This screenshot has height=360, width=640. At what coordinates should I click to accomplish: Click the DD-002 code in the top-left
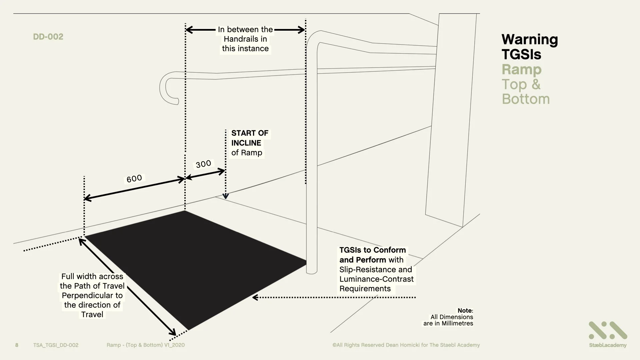coord(48,37)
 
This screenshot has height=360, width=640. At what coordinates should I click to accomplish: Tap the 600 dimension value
coord(134,179)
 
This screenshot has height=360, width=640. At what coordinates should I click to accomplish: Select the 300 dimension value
coord(203,164)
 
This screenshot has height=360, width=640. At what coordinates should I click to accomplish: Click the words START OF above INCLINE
coord(250,133)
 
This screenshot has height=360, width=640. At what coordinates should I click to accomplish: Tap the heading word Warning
coord(529,40)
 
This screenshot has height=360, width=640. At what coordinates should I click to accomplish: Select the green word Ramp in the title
coord(521,69)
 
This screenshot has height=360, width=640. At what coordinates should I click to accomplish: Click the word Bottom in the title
coord(526,99)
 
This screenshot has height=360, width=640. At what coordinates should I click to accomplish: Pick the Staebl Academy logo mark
coord(608,331)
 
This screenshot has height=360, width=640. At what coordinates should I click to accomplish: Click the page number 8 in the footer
coord(17,345)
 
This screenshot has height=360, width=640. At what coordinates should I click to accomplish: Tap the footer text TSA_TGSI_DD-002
coord(56,345)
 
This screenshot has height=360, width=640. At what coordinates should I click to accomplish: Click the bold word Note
coord(465,311)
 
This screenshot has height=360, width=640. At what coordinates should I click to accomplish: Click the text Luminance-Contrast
coord(376,279)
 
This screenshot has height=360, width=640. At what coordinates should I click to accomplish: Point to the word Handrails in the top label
coord(245,39)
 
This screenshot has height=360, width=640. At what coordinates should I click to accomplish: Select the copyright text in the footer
coord(406,345)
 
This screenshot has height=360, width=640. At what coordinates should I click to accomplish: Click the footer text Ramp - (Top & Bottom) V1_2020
coord(145,345)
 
